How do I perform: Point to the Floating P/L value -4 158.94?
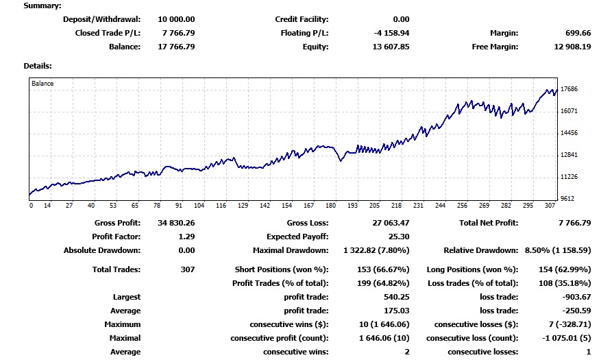390,33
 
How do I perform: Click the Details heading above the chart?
38,66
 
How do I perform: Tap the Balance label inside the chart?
42,84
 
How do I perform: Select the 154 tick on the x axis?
287,206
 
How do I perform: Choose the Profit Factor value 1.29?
186,237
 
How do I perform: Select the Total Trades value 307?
186,269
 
